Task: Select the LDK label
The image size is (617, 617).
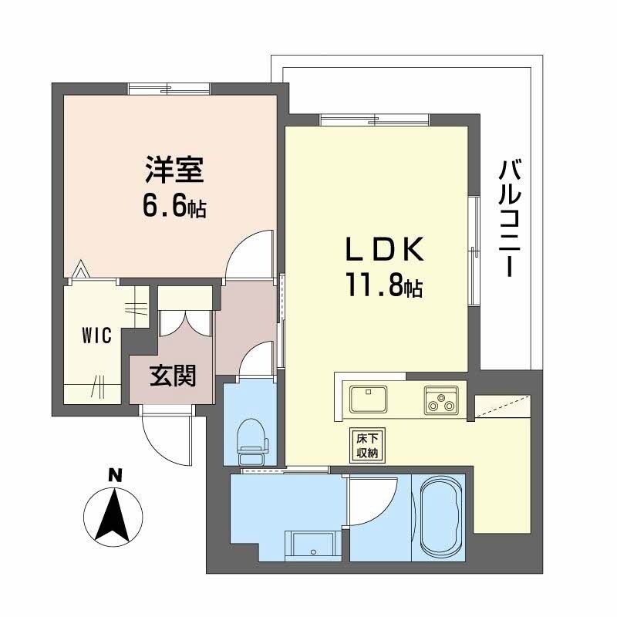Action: [x=383, y=251]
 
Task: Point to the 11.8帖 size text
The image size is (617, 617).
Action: [x=383, y=288]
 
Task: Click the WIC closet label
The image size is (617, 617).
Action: [x=98, y=335]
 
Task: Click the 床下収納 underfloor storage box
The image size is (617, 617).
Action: [x=366, y=445]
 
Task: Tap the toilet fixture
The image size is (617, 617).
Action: [x=251, y=440]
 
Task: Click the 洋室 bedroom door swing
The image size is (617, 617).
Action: [x=249, y=252]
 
